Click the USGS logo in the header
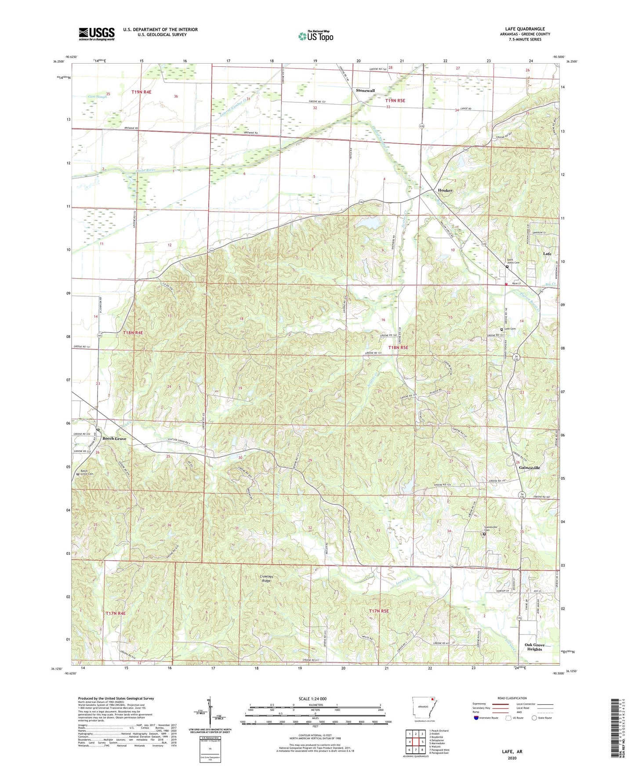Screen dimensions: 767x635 coord(97,34)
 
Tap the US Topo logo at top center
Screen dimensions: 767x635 coord(316,36)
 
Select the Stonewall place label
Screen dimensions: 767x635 coord(365,90)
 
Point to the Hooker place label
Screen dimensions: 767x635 coord(445,190)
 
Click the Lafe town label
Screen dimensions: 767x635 coord(547,253)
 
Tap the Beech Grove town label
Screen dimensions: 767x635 coord(114,438)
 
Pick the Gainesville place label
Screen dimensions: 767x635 coord(529,468)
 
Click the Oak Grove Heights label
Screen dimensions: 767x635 coord(534,647)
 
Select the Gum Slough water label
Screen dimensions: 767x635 coord(97,96)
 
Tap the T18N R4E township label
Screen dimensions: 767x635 coord(133,333)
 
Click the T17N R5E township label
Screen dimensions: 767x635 coord(379,611)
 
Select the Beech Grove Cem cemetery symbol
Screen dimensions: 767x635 coord(78,474)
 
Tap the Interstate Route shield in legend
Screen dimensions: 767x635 coord(476,718)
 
